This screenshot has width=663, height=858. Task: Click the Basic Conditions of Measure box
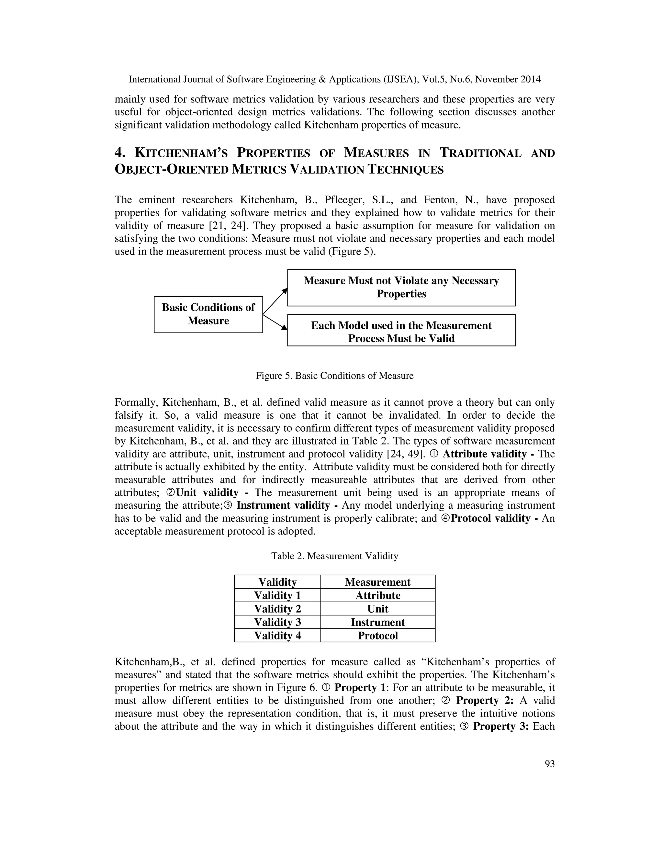coord(208,314)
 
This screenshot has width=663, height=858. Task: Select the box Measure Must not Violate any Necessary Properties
coord(401,288)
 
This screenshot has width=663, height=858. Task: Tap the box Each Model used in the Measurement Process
coord(401,330)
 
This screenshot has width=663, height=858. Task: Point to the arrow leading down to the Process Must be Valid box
coord(275,322)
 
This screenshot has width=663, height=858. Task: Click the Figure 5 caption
coord(335,376)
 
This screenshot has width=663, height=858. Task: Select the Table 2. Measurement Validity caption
coord(335,556)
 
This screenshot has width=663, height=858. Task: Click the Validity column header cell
coord(277,582)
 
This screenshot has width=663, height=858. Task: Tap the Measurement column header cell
coord(377,582)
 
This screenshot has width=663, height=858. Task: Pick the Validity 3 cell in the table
coord(277,622)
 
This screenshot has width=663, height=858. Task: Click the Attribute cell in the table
coord(377,595)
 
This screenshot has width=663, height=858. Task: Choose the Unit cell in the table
coord(377,609)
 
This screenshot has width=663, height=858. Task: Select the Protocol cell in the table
coord(377,635)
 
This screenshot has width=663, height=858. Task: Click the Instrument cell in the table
coord(377,622)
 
